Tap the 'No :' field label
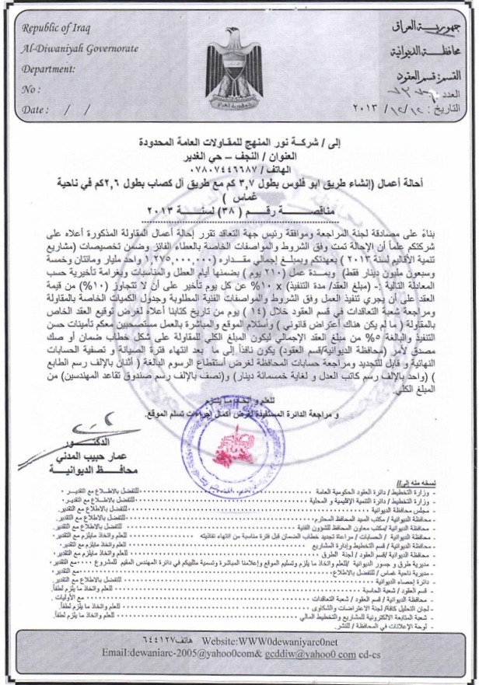(x=31, y=90)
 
